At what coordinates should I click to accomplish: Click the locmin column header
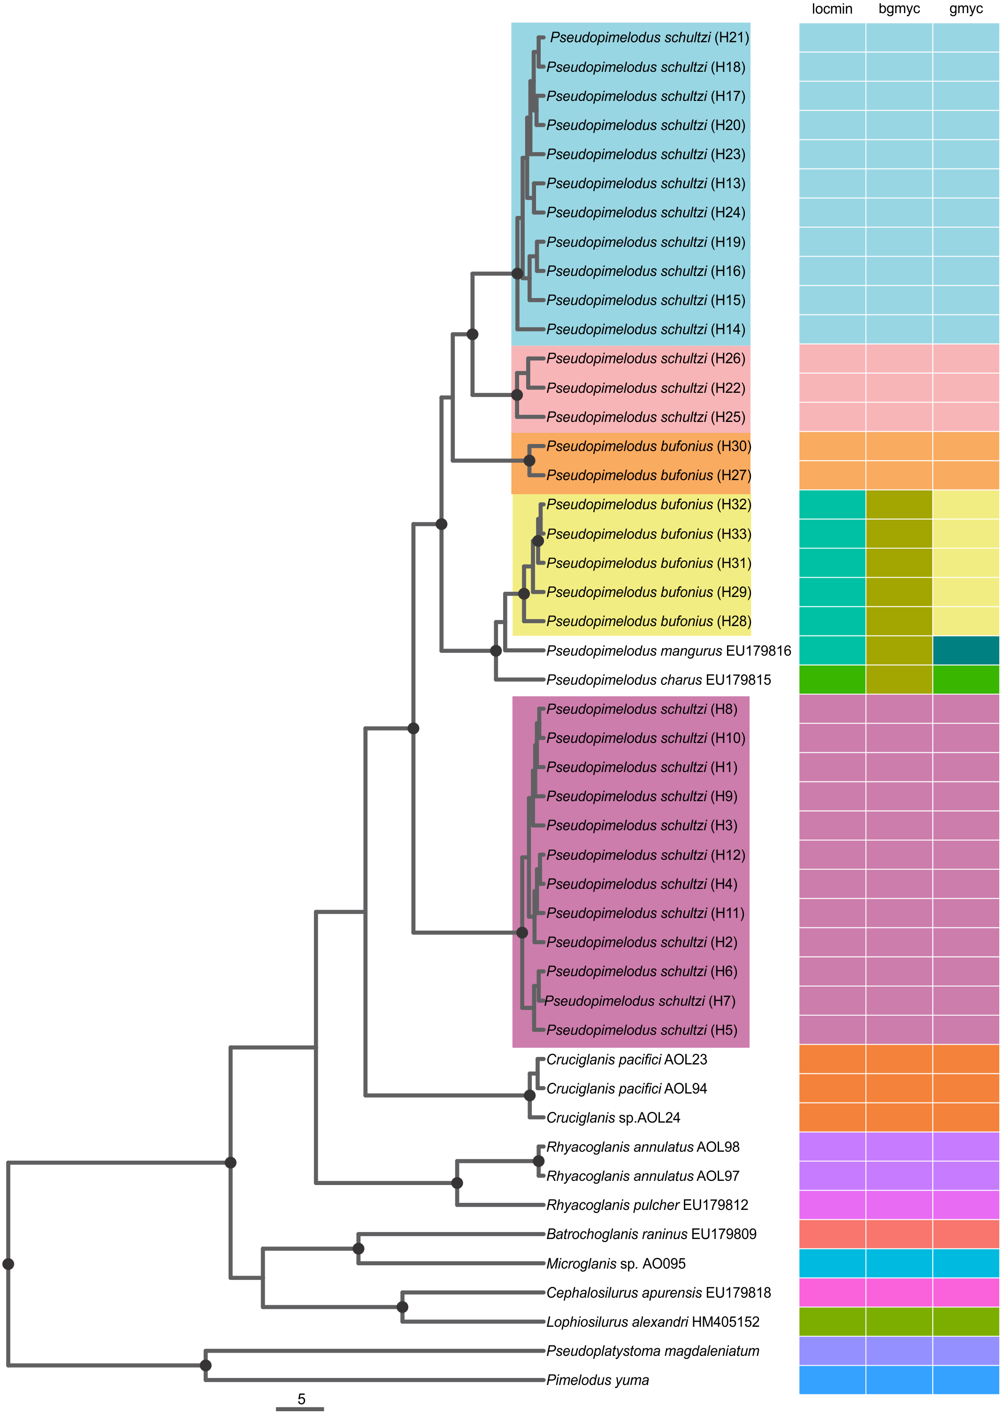coord(832,8)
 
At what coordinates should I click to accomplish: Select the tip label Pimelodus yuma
coord(597,1380)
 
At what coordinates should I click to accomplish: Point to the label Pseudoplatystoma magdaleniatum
coord(653,1351)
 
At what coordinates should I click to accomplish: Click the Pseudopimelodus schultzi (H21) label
coord(649,38)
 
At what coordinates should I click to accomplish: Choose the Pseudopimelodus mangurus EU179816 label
coord(669,651)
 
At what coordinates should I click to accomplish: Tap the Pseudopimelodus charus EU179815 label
coord(658,680)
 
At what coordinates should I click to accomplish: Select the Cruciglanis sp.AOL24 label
coord(613,1118)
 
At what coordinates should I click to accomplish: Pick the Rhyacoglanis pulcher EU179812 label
coord(647,1205)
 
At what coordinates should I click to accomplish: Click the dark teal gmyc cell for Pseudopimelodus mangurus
coord(966,650)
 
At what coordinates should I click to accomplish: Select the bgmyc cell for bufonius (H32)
coord(899,505)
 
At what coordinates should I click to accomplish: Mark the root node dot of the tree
coord(8,1264)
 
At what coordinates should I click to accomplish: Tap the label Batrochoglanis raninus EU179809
coord(651,1234)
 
